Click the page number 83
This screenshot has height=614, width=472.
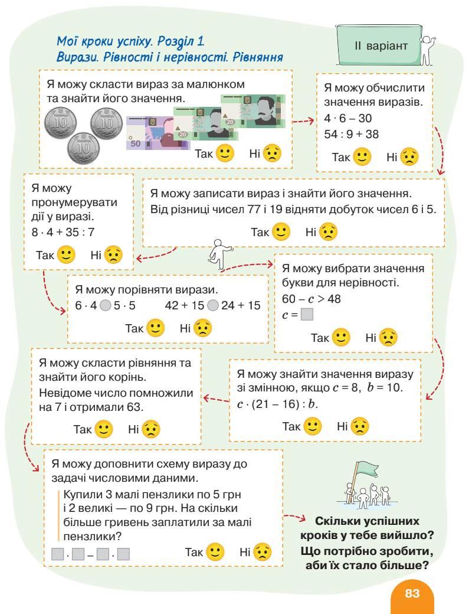pos(412,593)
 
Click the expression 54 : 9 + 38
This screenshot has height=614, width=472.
pos(352,134)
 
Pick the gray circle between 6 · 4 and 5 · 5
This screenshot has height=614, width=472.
pos(104,306)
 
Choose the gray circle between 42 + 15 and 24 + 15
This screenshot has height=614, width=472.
pos(213,306)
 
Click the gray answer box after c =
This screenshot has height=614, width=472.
pos(307,315)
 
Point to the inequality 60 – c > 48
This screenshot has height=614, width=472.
pos(312,299)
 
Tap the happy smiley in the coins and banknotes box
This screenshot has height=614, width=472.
pos(225,153)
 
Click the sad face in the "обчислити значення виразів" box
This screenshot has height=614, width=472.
pos(409,157)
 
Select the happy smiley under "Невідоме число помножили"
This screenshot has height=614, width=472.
pos(104,429)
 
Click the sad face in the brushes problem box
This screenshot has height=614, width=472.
pos(263,553)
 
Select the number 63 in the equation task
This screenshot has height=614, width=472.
pos(135,407)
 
